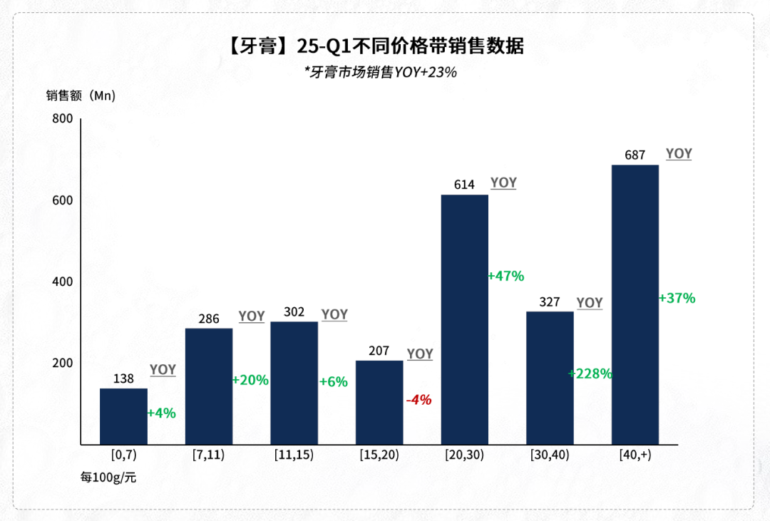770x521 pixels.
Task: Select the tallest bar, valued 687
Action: (x=635, y=305)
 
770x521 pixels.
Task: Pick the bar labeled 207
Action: (x=379, y=403)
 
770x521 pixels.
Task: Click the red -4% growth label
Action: (x=419, y=400)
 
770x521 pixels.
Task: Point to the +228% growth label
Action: (x=590, y=373)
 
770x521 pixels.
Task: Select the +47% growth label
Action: (x=506, y=276)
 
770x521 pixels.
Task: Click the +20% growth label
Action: (x=250, y=381)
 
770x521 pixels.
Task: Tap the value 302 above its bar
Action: (x=294, y=312)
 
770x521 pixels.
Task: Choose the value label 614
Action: (x=464, y=185)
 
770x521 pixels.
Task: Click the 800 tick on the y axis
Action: (x=63, y=119)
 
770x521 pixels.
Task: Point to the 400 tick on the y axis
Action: (x=63, y=282)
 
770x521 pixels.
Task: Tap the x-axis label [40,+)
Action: (x=635, y=455)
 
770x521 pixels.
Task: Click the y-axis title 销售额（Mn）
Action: (x=81, y=96)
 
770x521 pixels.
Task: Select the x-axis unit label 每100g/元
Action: (x=108, y=478)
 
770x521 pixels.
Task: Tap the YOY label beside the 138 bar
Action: (x=163, y=370)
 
